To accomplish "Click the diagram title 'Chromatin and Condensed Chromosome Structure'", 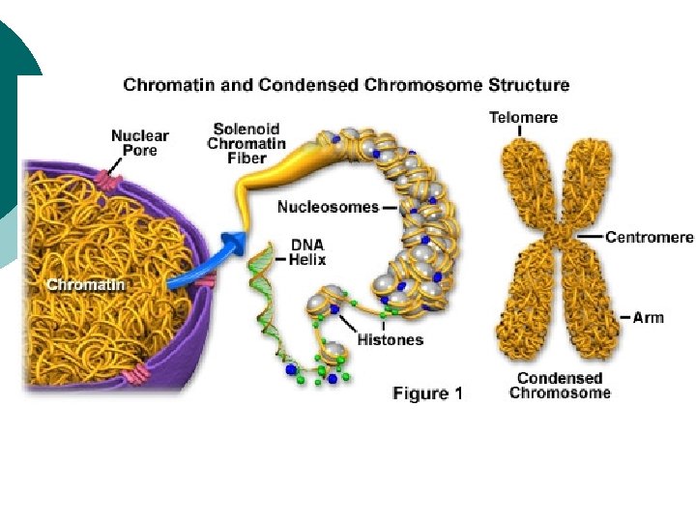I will (x=346, y=85).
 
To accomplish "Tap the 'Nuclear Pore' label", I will (x=139, y=143).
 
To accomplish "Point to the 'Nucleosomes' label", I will (x=328, y=206).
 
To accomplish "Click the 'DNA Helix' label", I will (x=308, y=253).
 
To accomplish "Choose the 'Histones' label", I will (x=390, y=339).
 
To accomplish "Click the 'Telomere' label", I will (x=522, y=118).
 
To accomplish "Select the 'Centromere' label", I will (x=650, y=237).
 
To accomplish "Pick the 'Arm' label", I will (x=649, y=317).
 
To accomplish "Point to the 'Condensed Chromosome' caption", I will (x=560, y=386).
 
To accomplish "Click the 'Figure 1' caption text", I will (x=427, y=393).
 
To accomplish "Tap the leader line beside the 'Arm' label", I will (x=623, y=317).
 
